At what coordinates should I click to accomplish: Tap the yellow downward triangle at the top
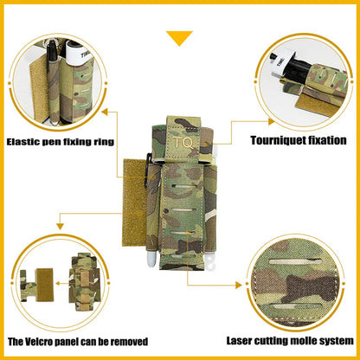[x=179, y=38]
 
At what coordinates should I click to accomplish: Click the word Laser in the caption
[x=238, y=341]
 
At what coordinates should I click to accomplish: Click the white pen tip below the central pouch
[x=152, y=260]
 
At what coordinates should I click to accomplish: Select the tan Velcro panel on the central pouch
[x=135, y=202]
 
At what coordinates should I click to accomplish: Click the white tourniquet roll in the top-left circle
[x=77, y=54]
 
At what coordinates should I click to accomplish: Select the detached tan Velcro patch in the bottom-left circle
[x=44, y=285]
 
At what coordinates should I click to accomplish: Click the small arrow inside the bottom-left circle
[x=61, y=283]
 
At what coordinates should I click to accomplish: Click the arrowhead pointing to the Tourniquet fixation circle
[x=271, y=122]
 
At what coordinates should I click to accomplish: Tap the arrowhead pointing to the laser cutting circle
[x=239, y=286]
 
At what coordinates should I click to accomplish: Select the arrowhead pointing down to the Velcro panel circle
[x=60, y=227]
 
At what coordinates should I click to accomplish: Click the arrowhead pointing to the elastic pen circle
[x=105, y=112]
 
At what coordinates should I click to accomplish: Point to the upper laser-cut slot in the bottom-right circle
[x=295, y=261]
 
